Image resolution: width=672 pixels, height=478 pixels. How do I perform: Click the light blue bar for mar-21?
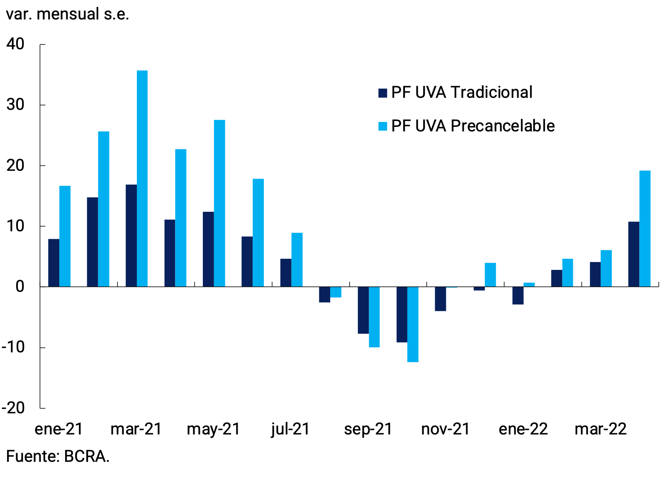coord(142,178)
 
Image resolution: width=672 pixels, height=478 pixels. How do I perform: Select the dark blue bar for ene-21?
coord(54,263)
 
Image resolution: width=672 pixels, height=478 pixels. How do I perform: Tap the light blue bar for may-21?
coord(219,203)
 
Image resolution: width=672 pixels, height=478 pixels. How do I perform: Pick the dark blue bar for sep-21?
coord(363,310)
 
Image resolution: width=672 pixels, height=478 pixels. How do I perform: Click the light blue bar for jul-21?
coord(297,260)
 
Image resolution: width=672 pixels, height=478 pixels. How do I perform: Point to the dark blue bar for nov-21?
coord(441,298)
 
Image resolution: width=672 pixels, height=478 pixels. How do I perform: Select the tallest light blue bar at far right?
coord(645,228)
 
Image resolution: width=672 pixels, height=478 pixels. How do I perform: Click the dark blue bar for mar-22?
coord(595,274)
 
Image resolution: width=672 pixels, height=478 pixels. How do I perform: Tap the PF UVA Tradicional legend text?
coord(461,92)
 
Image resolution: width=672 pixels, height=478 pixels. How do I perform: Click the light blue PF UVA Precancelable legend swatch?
coord(382,126)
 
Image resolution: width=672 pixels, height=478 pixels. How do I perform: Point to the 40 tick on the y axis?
coord(15,44)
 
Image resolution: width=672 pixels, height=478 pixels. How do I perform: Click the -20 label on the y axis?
coord(13,408)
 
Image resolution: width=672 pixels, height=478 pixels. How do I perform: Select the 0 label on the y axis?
coord(19,286)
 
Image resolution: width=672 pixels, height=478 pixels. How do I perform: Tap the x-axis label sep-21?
coord(368,429)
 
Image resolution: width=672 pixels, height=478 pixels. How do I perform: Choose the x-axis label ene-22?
coord(523,429)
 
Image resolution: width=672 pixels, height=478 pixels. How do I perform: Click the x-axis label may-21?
coord(214,429)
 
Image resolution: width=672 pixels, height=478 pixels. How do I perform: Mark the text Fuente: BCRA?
coord(58,456)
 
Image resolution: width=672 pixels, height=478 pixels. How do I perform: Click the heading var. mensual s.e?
coord(67,14)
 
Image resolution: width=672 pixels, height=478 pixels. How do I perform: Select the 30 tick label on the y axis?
coord(15,104)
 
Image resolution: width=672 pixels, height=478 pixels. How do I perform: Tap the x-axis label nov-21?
coord(446,429)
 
